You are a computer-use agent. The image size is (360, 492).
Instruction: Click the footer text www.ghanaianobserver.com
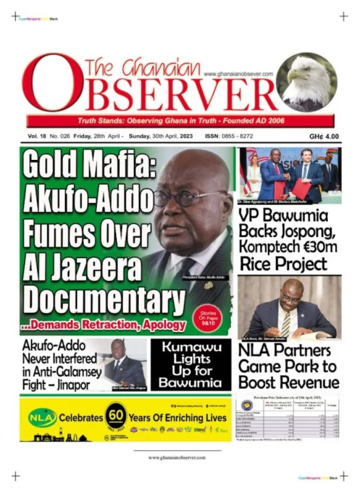click(177, 457)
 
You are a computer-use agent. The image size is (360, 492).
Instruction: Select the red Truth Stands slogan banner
click(180, 120)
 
